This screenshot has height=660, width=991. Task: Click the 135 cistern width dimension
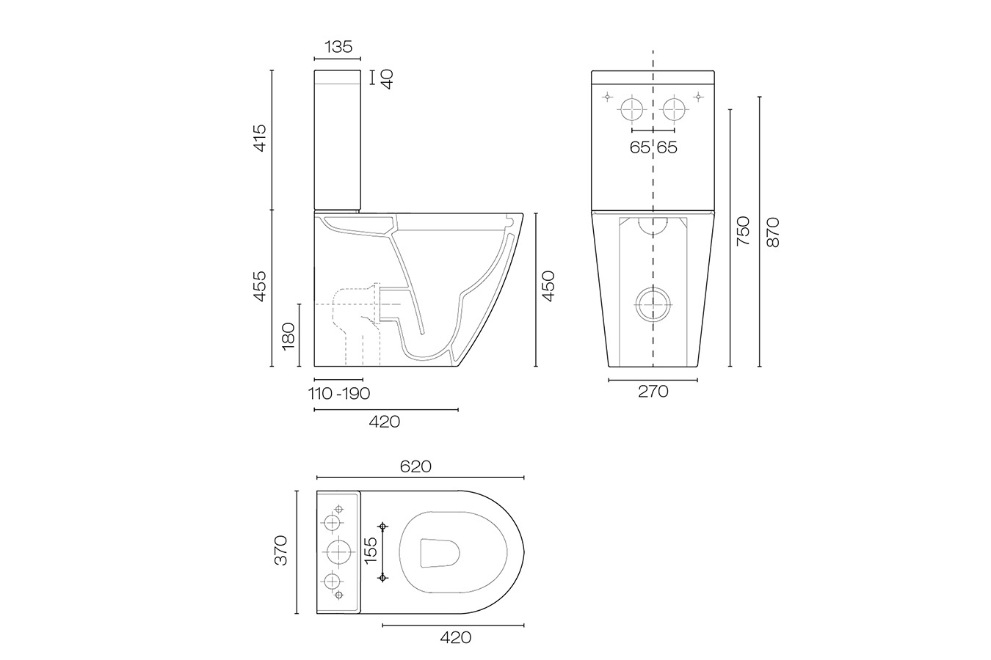pyautogui.click(x=337, y=47)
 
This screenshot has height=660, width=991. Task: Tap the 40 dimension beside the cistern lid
pyautogui.click(x=387, y=78)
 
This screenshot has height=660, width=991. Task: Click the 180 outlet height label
pyautogui.click(x=288, y=335)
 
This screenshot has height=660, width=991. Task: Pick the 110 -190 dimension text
pyautogui.click(x=339, y=394)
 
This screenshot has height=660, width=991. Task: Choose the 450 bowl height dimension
pyautogui.click(x=548, y=286)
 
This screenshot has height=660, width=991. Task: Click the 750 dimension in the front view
pyautogui.click(x=743, y=231)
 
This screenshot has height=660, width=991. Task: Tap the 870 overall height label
pyautogui.click(x=772, y=231)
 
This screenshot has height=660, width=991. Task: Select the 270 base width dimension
pyautogui.click(x=653, y=392)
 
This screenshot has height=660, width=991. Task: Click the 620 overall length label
pyautogui.click(x=415, y=466)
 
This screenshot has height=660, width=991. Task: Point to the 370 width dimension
pyautogui.click(x=281, y=550)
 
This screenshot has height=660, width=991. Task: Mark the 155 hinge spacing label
pyautogui.click(x=371, y=551)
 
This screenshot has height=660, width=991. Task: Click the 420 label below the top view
pyautogui.click(x=455, y=637)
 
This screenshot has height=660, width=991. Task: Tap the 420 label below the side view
pyautogui.click(x=385, y=422)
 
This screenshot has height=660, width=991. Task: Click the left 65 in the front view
pyautogui.click(x=639, y=147)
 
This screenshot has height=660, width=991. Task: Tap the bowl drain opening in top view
pyautogui.click(x=440, y=552)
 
